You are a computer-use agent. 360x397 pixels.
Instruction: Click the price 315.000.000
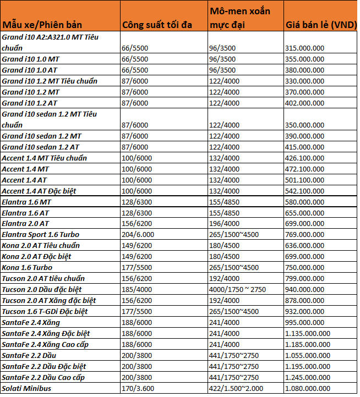pos(304,48)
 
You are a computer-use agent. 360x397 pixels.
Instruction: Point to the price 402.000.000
pos(304,103)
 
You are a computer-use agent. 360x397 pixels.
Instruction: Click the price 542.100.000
pos(304,191)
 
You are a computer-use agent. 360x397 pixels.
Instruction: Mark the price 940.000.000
pos(304,290)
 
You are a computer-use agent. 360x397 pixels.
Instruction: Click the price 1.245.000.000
pos(308,378)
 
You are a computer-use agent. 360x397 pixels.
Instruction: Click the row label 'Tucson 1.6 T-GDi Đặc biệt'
pos(45,312)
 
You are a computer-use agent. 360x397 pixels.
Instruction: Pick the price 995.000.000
pos(304,323)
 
